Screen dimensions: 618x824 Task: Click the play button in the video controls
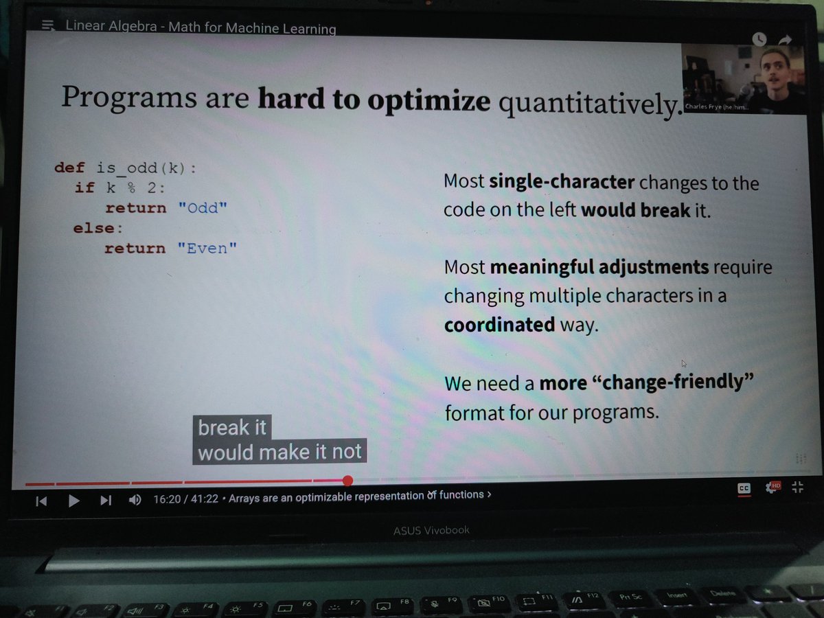pyautogui.click(x=74, y=501)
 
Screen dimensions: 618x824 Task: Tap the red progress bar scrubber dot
pyautogui.click(x=347, y=481)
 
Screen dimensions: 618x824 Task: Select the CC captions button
pyautogui.click(x=744, y=488)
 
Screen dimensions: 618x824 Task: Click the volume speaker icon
pyautogui.click(x=135, y=501)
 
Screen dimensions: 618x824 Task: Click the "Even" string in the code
pyautogui.click(x=212, y=249)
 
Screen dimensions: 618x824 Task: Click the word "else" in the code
pyautogui.click(x=93, y=228)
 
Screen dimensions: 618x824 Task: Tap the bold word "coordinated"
pyautogui.click(x=499, y=324)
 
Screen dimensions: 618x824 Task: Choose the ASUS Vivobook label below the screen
pyautogui.click(x=431, y=530)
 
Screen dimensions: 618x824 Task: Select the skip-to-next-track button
pyautogui.click(x=106, y=501)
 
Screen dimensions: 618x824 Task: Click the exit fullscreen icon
pyautogui.click(x=797, y=488)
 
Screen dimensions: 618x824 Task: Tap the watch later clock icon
pyautogui.click(x=759, y=39)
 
